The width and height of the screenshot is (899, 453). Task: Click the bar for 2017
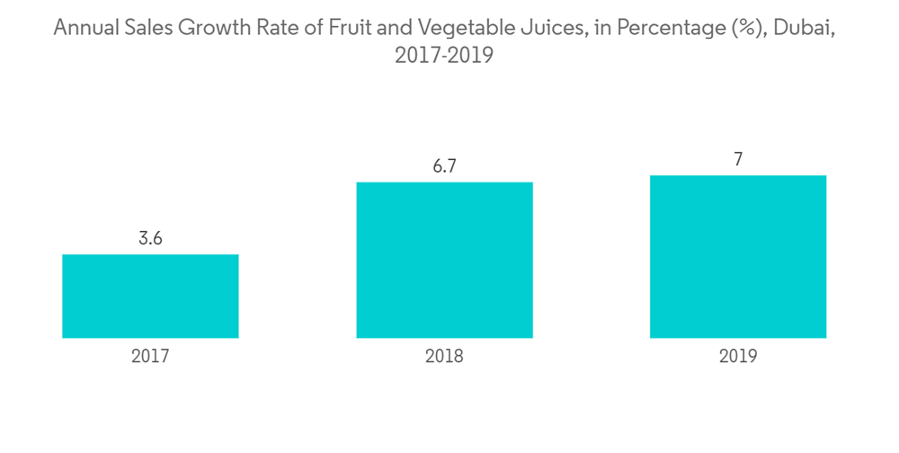150,296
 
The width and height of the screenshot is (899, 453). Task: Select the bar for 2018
444,260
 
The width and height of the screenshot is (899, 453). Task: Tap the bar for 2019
737,256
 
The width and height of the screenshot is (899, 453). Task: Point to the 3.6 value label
150,239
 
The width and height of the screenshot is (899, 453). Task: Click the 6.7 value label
444,167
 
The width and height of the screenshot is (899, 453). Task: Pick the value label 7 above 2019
738,160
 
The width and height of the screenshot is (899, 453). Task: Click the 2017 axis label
150,356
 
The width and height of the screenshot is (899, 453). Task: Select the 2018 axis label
444,356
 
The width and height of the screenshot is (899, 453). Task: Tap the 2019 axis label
738,356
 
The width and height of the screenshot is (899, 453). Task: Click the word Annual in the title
85,28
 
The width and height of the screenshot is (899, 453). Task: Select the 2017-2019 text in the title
444,56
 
